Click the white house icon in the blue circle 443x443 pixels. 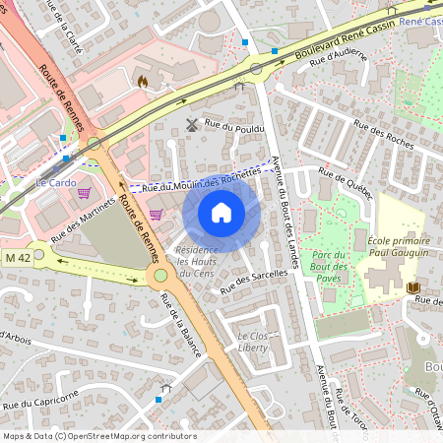coord(221,212)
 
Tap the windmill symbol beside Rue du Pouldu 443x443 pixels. coord(192,125)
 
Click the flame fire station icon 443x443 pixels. coord(143,83)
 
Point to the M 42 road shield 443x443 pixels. coord(16,257)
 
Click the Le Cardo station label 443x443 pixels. coord(55,182)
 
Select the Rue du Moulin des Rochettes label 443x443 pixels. coord(202,179)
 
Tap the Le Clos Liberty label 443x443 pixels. coord(254,342)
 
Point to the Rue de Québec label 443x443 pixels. coord(347,184)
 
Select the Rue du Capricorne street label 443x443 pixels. coord(39,398)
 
